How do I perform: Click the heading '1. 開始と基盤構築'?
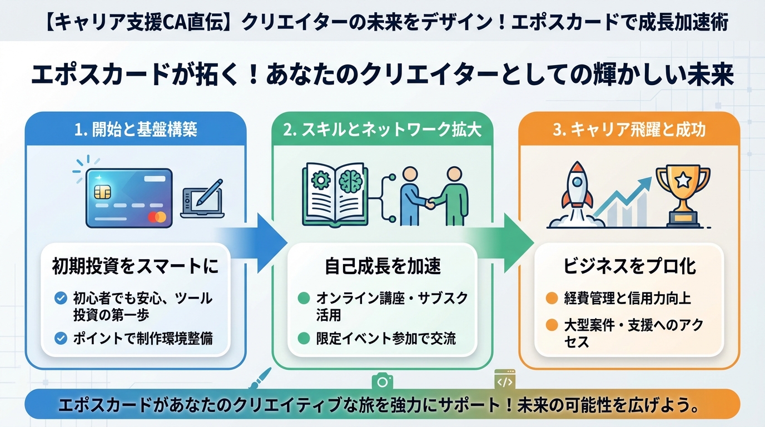coord(136,130)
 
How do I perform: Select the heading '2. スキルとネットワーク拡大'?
coord(382,130)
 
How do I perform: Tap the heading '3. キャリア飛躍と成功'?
coord(629,130)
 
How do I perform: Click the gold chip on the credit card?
coord(102,192)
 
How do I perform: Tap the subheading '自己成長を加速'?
coord(383,266)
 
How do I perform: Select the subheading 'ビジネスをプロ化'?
coord(629,266)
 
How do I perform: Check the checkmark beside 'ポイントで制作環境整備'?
coord(61,338)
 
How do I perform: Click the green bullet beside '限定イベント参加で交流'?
coord(304,337)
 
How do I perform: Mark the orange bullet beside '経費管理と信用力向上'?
coord(551,298)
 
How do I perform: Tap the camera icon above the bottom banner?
coord(383,381)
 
